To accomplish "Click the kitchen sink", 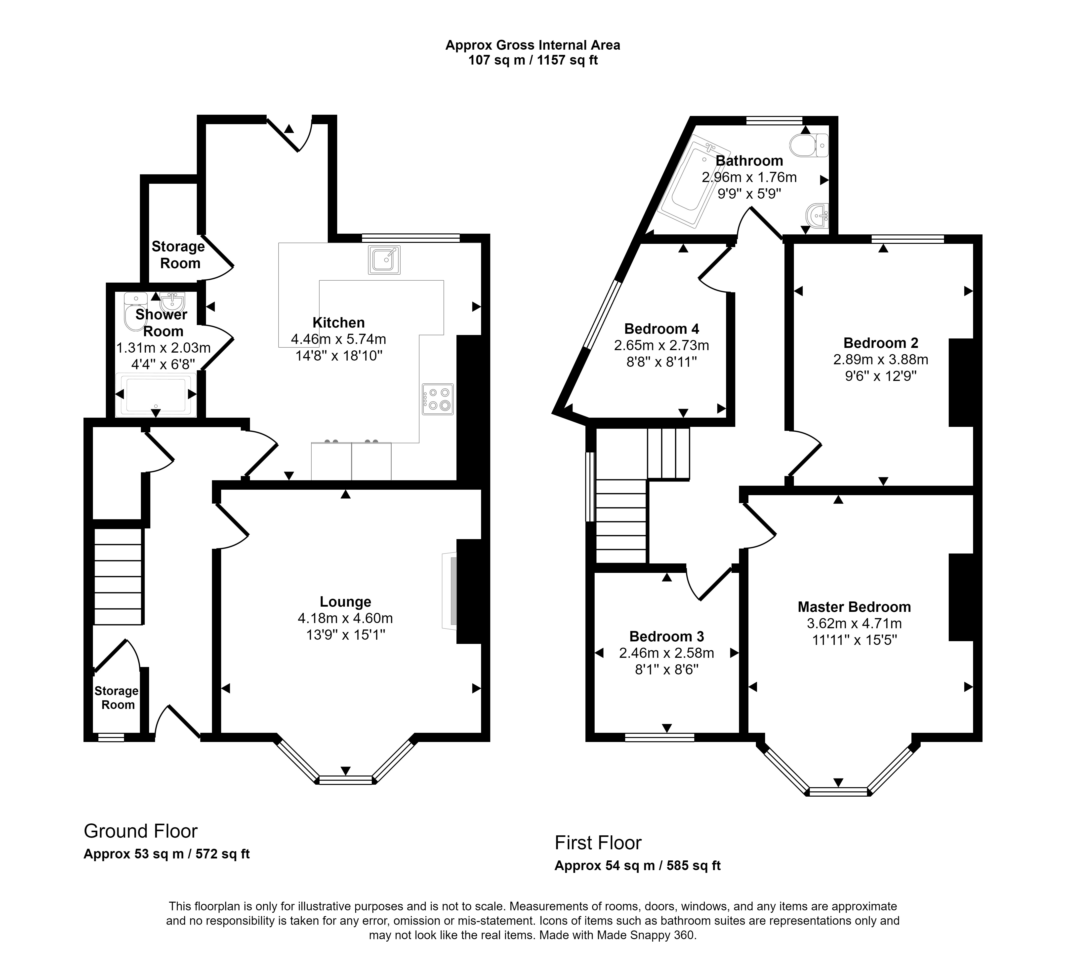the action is [x=384, y=260].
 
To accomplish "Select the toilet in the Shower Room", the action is [x=135, y=312].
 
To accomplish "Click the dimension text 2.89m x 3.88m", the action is [x=881, y=360].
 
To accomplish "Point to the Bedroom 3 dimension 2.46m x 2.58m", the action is [x=667, y=653].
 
